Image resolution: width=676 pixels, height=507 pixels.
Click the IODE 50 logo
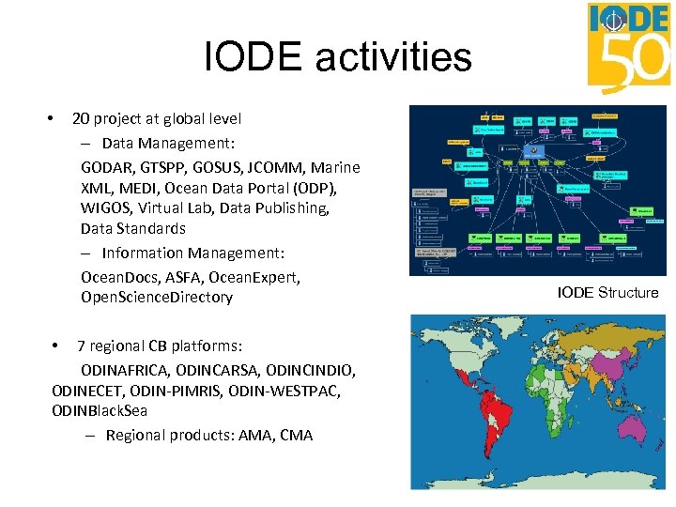point(629,47)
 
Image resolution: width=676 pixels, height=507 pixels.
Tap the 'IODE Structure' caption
point(607,292)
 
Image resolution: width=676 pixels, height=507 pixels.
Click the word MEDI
point(131,188)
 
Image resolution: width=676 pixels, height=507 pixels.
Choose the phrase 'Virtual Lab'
point(192,207)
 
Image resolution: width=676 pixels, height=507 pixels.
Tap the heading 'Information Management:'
point(192,253)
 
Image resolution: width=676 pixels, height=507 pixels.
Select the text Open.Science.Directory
point(157,298)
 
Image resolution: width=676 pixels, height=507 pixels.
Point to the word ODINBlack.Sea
point(100,410)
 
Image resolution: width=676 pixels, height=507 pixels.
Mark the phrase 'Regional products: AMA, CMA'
point(209,435)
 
